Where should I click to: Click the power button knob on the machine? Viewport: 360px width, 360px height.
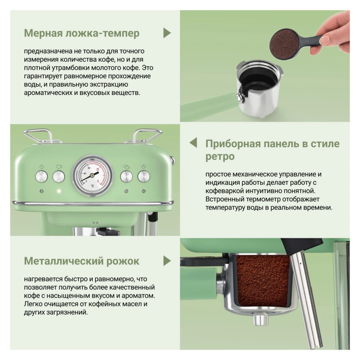point(42,176)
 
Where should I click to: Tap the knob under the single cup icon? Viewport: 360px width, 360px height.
point(59,176)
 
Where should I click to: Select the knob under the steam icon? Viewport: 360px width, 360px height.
point(144,176)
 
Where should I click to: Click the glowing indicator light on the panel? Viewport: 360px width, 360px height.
point(59,191)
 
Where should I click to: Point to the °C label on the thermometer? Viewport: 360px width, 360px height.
point(92,186)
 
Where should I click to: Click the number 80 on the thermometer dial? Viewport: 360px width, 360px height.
point(89,168)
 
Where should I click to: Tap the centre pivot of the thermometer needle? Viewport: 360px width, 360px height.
point(92,176)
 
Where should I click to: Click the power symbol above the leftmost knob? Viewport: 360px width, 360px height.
point(42,166)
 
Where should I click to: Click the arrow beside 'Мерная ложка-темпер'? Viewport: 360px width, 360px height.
point(167,33)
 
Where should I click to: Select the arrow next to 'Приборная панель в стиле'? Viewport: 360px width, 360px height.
point(193,142)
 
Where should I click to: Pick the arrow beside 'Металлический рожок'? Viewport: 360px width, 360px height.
point(167,261)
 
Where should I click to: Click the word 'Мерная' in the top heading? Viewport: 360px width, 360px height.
point(43,33)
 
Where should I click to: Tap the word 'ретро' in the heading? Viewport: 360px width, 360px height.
point(220,157)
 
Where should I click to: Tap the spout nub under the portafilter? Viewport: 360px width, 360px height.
point(261,320)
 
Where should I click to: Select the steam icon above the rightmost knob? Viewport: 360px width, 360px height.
point(144,166)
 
